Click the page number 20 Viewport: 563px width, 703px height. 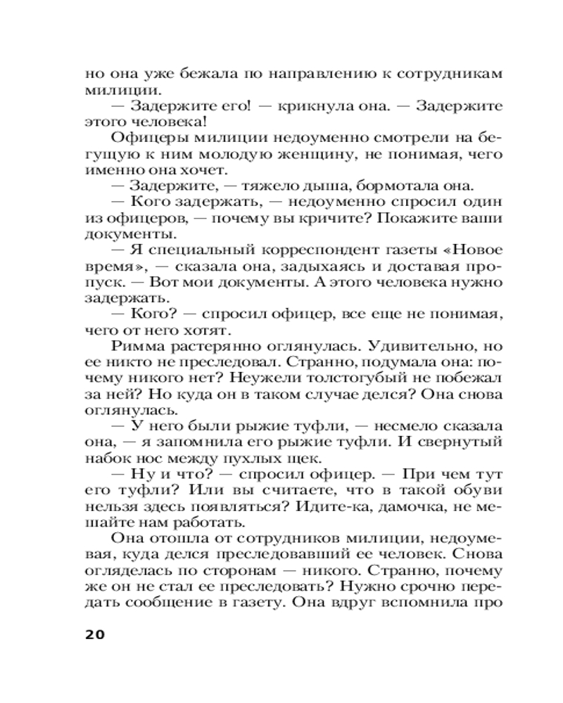(94, 635)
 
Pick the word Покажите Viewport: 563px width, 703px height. (410, 217)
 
